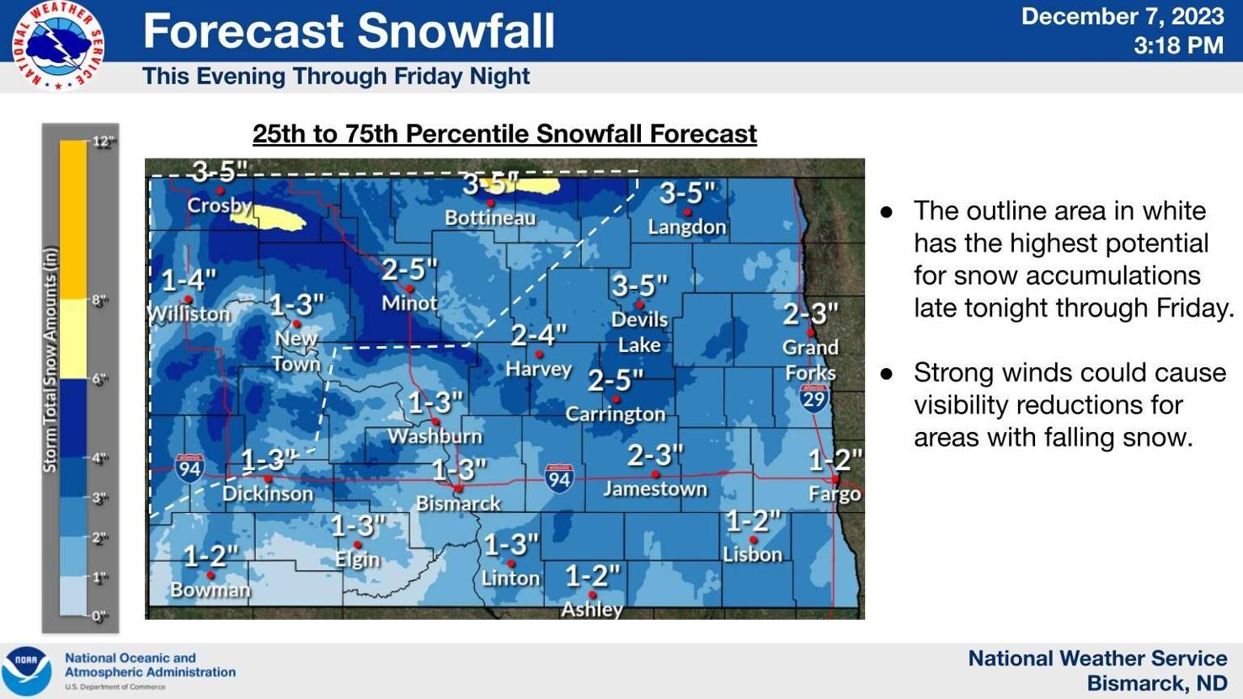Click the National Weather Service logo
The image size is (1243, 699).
(57, 45)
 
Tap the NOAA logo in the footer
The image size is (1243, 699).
(26, 670)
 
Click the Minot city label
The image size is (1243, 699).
(409, 303)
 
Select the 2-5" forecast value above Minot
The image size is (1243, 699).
(409, 270)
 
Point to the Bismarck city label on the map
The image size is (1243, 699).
(458, 504)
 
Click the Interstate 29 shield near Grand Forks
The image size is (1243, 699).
(814, 398)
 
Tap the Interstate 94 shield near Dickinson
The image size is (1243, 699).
(189, 468)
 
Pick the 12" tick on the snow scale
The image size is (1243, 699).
(103, 141)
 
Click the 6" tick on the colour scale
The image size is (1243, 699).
(100, 379)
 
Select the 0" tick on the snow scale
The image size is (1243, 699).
(100, 616)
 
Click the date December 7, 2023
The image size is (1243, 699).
(1122, 17)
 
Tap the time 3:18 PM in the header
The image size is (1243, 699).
(1178, 45)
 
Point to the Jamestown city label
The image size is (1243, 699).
(655, 489)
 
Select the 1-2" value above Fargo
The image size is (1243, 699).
(835, 460)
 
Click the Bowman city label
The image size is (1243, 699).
(211, 590)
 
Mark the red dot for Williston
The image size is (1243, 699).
(189, 299)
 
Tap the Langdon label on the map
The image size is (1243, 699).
(687, 227)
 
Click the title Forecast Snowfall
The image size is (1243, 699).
(349, 31)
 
